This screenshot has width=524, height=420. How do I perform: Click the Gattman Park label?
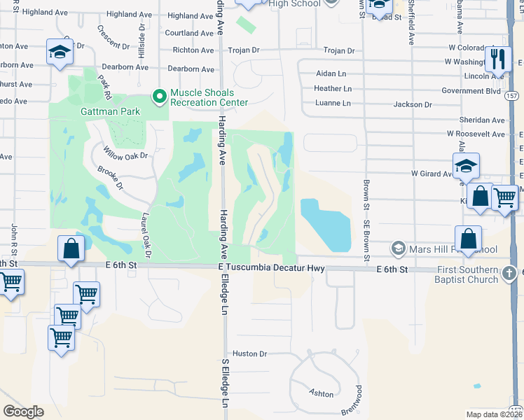[x=110, y=111]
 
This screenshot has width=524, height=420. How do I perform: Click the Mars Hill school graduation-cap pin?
[x=398, y=248]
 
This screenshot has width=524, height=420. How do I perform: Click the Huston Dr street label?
[x=250, y=354]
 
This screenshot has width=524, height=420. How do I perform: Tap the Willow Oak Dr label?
[x=127, y=155]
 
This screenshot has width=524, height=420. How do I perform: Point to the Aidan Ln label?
[x=331, y=73]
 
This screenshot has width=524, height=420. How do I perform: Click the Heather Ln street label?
[x=333, y=89]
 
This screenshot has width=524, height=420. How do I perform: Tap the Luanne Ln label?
[x=333, y=103]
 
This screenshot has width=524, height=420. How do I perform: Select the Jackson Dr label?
[x=413, y=104]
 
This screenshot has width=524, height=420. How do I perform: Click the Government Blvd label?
[x=471, y=91]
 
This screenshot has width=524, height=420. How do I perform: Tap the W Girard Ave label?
[x=431, y=173]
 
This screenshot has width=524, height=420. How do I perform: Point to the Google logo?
[x=23, y=412]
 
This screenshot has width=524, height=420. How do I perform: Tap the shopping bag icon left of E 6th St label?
[x=72, y=248]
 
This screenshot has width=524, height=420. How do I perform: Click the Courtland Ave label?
[x=189, y=33]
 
